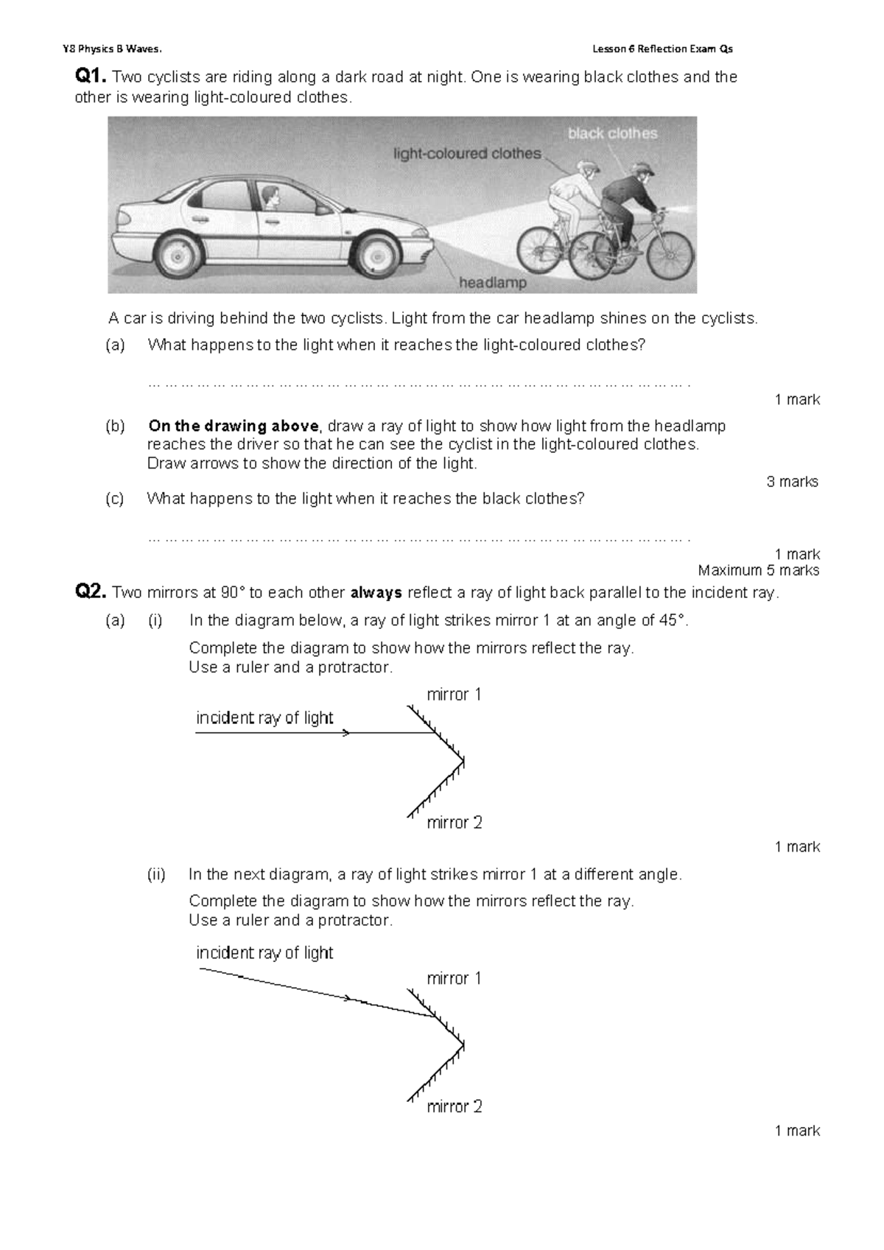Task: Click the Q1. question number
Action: (x=91, y=77)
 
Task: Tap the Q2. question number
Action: (x=91, y=592)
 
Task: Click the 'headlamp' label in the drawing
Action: (x=493, y=283)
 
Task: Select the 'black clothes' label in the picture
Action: (x=612, y=133)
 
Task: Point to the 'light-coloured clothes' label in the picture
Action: (x=467, y=154)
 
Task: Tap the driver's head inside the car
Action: (x=270, y=197)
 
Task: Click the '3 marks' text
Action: (x=793, y=482)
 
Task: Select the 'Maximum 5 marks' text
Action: (x=759, y=570)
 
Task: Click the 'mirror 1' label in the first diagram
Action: (x=454, y=695)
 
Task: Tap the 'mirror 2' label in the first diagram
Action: (x=455, y=822)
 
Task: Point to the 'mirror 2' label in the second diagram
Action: (x=455, y=1106)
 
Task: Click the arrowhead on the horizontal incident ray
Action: (x=346, y=733)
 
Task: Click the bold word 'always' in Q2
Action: (x=376, y=593)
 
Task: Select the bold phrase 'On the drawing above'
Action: (x=234, y=426)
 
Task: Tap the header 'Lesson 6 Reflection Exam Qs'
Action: (x=662, y=49)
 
